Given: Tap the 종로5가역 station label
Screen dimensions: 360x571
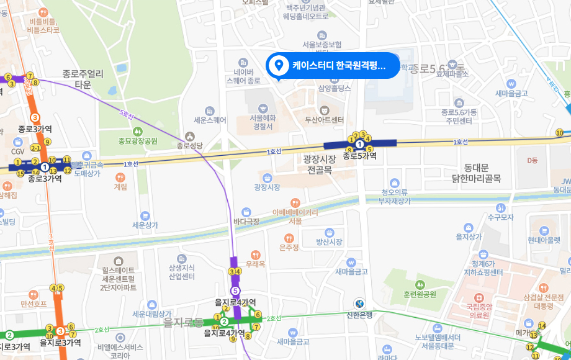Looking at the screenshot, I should pyautogui.click(x=360, y=156).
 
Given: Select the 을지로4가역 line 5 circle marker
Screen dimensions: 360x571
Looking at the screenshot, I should pyautogui.click(x=235, y=290).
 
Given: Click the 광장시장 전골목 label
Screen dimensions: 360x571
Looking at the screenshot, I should pyautogui.click(x=320, y=164).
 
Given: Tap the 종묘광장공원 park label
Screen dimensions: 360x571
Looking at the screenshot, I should pyautogui.click(x=138, y=141).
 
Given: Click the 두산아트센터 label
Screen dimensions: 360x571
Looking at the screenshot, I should pyautogui.click(x=324, y=120).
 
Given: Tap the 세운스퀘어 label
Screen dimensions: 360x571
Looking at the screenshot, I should pyautogui.click(x=209, y=120).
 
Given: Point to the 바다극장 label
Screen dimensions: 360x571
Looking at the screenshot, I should pyautogui.click(x=246, y=221).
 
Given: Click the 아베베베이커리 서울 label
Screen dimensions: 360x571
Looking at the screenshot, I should pyautogui.click(x=295, y=216).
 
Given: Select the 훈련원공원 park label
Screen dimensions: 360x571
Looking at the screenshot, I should pyautogui.click(x=420, y=294).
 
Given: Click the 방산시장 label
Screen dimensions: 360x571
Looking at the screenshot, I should pyautogui.click(x=329, y=241).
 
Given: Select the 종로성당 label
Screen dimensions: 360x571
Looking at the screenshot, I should pyautogui.click(x=190, y=146).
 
